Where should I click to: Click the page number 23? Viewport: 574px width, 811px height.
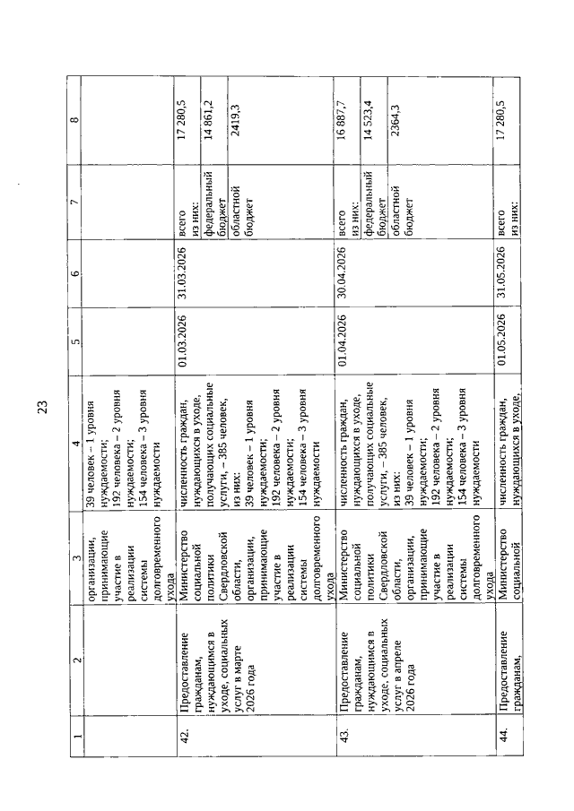[x=42, y=409]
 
